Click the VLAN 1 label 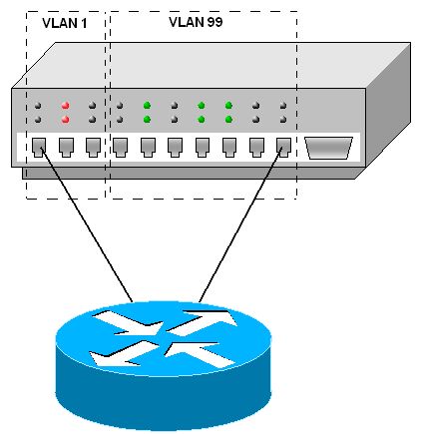[65, 23]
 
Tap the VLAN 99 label [196, 22]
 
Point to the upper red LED [65, 106]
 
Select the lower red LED [65, 119]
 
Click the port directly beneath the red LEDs [66, 148]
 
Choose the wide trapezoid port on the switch [328, 148]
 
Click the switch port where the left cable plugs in [39, 148]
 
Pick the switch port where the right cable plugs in [283, 148]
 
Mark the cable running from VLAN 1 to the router [87, 224]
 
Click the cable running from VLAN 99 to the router [240, 224]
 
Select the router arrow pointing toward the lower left [123, 353]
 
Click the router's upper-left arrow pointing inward [128, 322]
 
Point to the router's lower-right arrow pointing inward [201, 354]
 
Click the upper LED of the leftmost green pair [147, 106]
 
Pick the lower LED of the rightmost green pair [228, 119]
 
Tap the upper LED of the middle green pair [201, 106]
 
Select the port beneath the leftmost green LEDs [148, 148]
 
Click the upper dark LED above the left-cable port [38, 106]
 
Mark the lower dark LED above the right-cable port [283, 120]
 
